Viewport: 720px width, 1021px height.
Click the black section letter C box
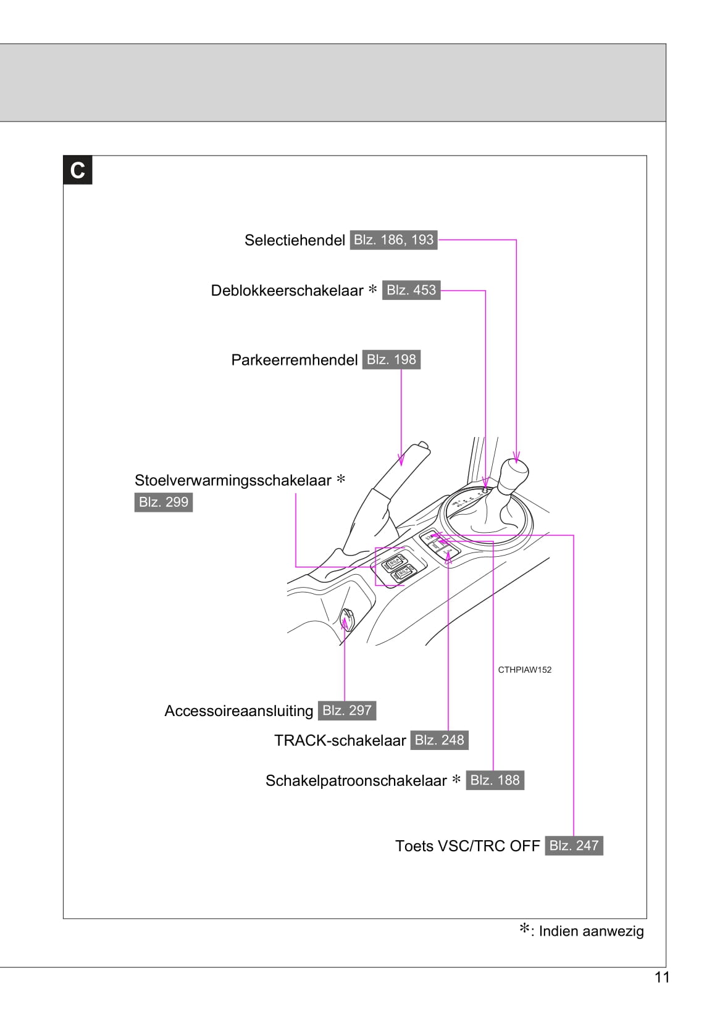coord(78,170)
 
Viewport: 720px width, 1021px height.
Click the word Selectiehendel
coord(295,240)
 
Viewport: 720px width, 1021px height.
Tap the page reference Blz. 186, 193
coord(393,240)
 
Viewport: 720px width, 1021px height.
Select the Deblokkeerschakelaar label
coord(287,290)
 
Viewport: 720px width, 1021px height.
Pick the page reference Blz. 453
coord(411,290)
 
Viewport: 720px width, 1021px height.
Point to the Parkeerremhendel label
coord(295,360)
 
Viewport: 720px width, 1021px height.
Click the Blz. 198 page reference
coord(391,359)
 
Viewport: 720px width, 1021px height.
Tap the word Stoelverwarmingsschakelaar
coord(233,480)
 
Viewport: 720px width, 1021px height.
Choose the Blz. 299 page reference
coord(164,502)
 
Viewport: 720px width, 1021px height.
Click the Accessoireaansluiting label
coord(239,711)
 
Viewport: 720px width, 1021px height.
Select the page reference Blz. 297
coord(347,711)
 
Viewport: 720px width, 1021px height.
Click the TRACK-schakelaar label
coord(340,741)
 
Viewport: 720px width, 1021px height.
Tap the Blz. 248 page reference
coord(439,740)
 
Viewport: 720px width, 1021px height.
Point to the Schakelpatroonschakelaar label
coord(356,781)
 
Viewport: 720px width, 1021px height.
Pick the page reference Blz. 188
coord(495,780)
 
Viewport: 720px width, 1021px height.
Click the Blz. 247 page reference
coord(574,846)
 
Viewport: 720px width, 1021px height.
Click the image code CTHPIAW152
coord(524,670)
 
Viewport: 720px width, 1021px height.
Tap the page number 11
coord(662,978)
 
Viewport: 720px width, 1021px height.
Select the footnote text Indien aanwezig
coord(591,931)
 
